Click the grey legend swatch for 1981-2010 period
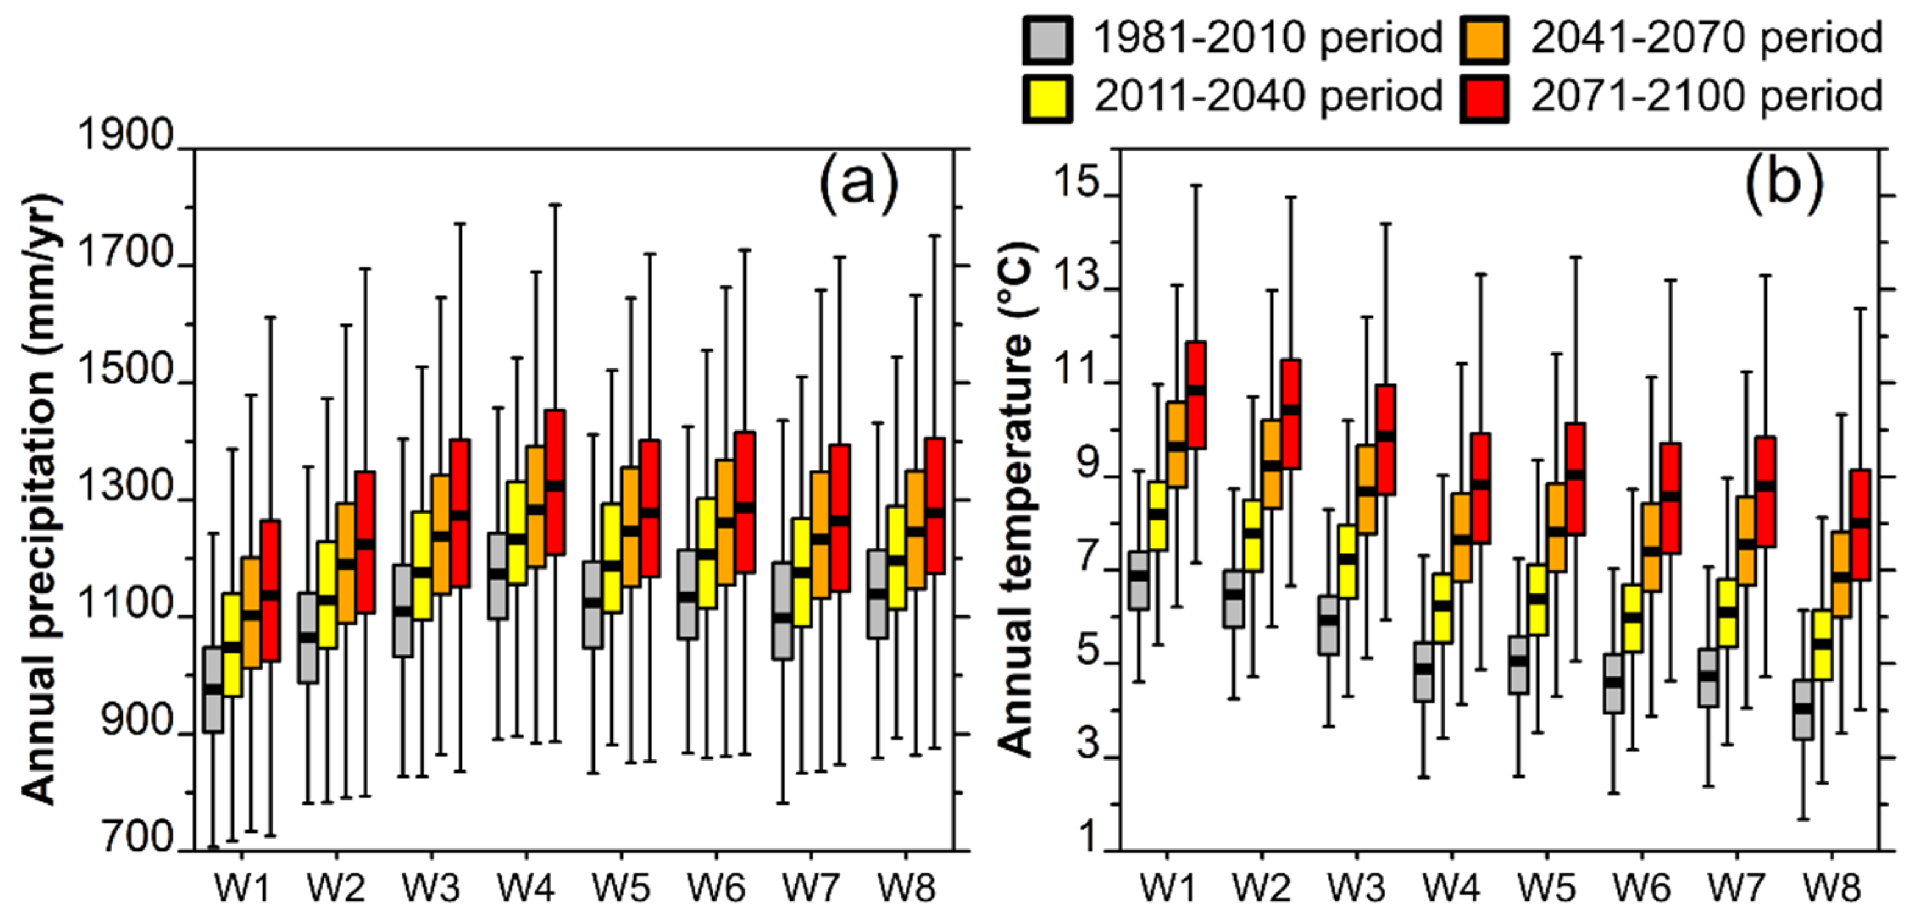[1047, 40]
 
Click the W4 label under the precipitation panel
[526, 887]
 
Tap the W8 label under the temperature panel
[1832, 887]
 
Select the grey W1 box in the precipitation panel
[213, 690]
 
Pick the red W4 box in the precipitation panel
[555, 482]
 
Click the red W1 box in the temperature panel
[1196, 395]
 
